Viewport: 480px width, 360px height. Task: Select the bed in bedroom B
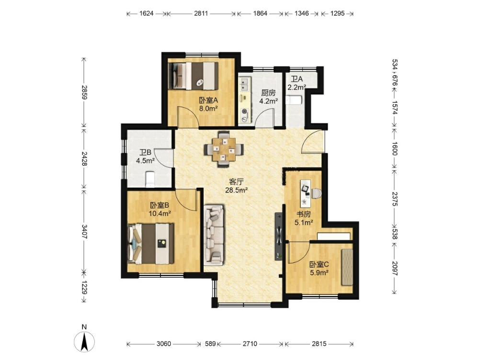[150, 244]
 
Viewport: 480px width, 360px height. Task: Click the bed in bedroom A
[194, 76]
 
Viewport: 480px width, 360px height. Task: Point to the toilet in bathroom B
[150, 179]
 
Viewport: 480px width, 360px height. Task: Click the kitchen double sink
[245, 85]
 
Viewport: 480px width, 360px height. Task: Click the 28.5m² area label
[236, 190]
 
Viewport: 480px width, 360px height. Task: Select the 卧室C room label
[319, 264]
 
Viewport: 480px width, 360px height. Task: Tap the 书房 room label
[303, 215]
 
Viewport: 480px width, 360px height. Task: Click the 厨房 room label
[268, 93]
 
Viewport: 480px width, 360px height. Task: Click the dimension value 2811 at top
[201, 13]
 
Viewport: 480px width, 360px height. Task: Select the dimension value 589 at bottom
[210, 344]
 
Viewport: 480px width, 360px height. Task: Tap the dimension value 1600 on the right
[395, 148]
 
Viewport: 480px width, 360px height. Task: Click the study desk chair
[317, 193]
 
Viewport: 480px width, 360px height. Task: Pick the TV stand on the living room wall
[279, 236]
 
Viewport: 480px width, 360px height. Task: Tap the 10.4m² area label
[160, 214]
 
